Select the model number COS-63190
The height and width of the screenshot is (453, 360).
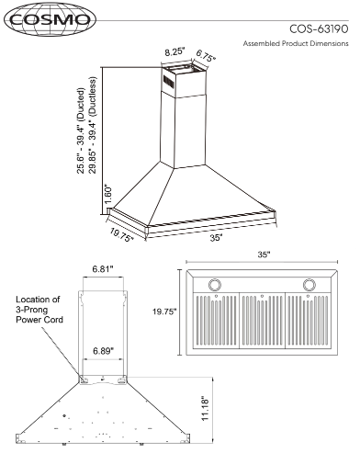tap(319, 29)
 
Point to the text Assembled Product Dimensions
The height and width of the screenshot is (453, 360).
tap(296, 43)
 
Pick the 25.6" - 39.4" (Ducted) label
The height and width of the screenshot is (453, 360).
tap(81, 130)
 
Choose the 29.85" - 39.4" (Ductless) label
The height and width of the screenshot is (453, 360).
tap(92, 125)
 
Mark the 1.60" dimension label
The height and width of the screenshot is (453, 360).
tap(108, 194)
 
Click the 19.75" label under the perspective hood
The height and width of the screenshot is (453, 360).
tap(121, 235)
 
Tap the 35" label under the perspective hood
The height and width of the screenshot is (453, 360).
tap(216, 238)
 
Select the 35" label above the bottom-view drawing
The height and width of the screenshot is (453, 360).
tap(264, 255)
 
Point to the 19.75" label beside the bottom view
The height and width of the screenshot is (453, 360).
tap(165, 311)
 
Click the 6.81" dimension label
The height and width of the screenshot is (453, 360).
tap(103, 269)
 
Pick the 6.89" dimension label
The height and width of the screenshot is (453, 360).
tap(104, 351)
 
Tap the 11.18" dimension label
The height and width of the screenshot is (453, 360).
tap(205, 410)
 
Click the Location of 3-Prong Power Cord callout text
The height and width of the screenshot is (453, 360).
tap(39, 310)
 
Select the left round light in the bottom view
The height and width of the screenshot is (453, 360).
tap(215, 285)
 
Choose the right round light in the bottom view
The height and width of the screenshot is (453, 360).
tap(309, 285)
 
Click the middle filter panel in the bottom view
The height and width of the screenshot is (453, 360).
tap(262, 321)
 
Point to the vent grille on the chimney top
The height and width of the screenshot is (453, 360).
tap(168, 82)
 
